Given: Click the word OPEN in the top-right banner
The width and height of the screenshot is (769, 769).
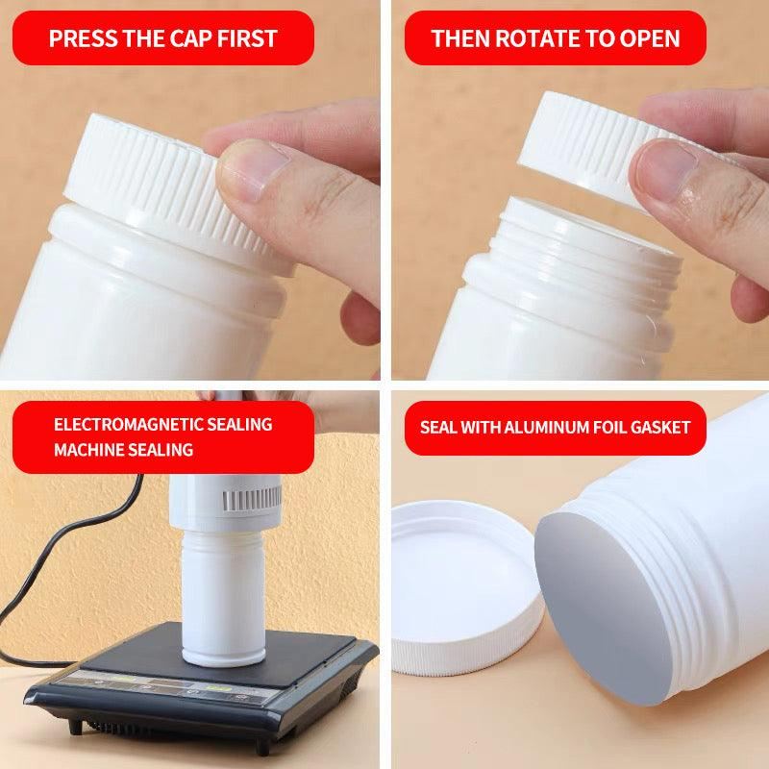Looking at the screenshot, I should (x=652, y=38).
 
